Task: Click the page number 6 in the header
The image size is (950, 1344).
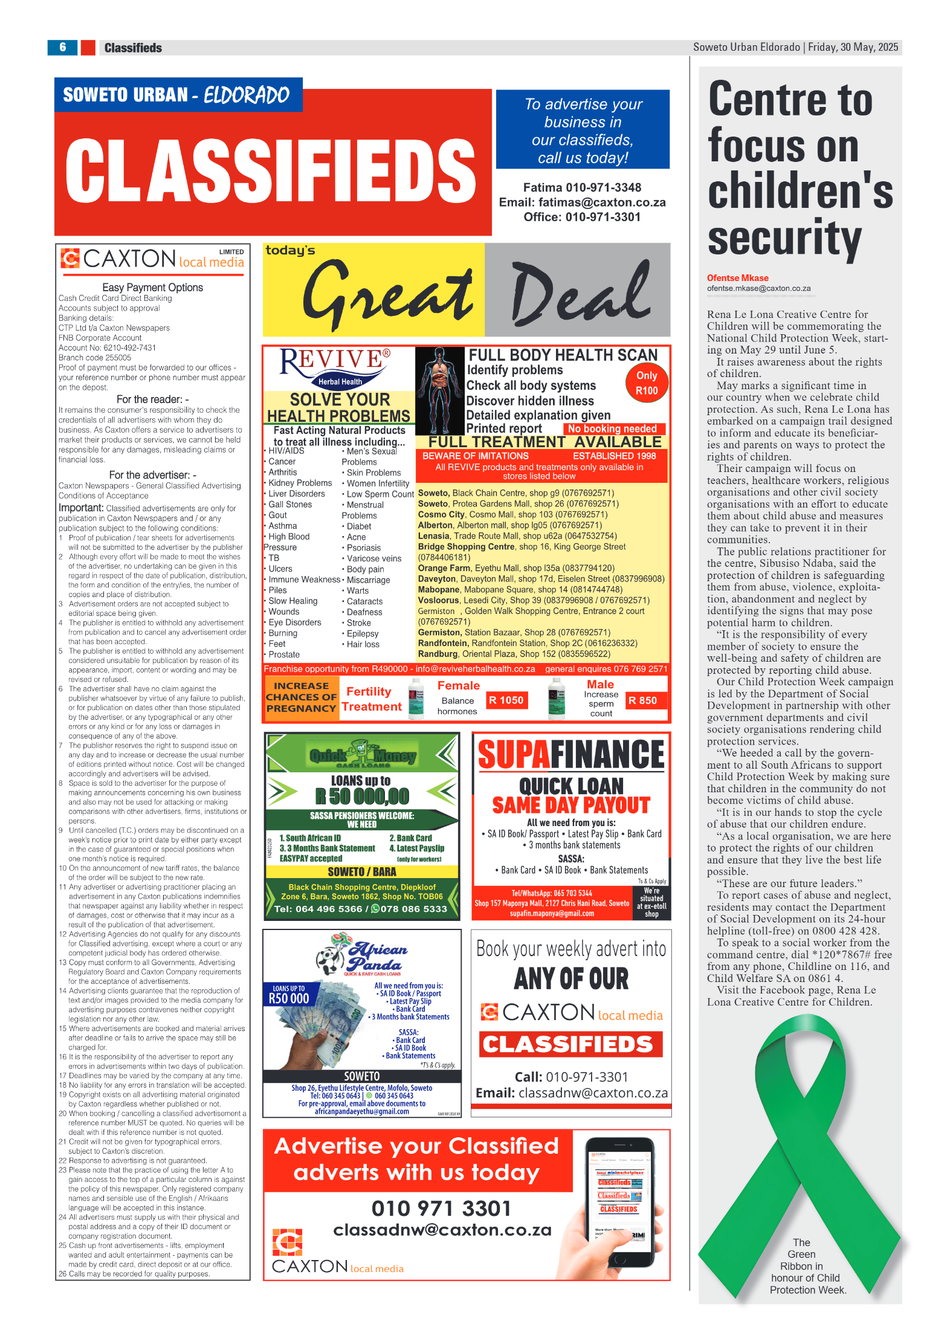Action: [x=62, y=47]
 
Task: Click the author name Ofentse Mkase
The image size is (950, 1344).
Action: [x=737, y=278]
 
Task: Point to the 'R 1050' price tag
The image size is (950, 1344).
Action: [x=506, y=700]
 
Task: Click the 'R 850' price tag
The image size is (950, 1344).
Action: [x=642, y=700]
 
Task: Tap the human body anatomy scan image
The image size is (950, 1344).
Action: [x=440, y=390]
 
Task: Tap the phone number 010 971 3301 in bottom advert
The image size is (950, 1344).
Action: [x=441, y=1209]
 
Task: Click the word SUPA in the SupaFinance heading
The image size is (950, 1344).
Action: [x=513, y=755]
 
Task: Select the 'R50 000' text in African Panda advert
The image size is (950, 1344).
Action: [x=289, y=998]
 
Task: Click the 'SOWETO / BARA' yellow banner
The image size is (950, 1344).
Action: [x=361, y=871]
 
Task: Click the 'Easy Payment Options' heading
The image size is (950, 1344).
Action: [x=152, y=288]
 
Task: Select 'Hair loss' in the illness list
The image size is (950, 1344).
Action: [x=363, y=644]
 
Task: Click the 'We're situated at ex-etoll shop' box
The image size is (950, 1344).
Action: [x=651, y=902]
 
